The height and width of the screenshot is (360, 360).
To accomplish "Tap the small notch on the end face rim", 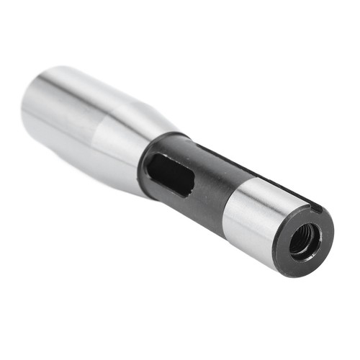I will [318, 210].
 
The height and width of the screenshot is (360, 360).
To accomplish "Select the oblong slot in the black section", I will [171, 175].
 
